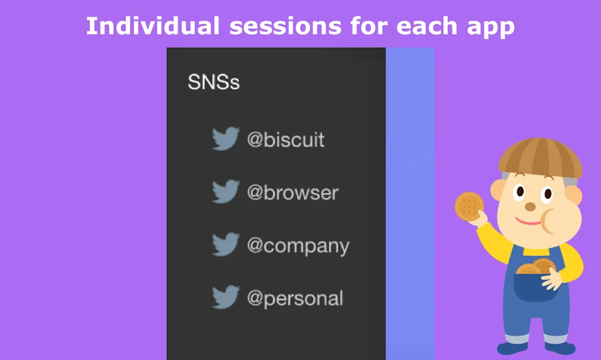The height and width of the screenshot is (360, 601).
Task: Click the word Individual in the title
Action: [153, 26]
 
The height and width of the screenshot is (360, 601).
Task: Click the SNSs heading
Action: [214, 82]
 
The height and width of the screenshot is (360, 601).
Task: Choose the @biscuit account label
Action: [286, 139]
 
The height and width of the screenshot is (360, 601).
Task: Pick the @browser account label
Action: [293, 192]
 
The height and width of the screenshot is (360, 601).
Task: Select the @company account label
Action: [298, 246]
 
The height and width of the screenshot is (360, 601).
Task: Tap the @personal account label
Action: [295, 299]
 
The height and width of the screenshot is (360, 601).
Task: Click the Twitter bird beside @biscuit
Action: [226, 139]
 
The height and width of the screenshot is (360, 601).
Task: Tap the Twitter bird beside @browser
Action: [226, 191]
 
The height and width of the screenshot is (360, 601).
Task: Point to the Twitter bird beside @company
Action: [226, 244]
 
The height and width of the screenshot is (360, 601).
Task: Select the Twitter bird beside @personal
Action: [226, 297]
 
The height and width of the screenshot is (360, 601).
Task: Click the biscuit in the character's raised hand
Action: [469, 207]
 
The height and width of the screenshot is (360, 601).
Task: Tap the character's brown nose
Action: [530, 207]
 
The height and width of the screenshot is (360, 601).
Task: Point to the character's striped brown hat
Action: [540, 158]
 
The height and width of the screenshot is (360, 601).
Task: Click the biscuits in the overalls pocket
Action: [536, 267]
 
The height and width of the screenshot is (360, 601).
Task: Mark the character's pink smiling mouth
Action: [528, 221]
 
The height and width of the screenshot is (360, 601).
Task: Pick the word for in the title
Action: [369, 26]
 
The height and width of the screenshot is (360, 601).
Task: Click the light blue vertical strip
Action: [410, 204]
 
